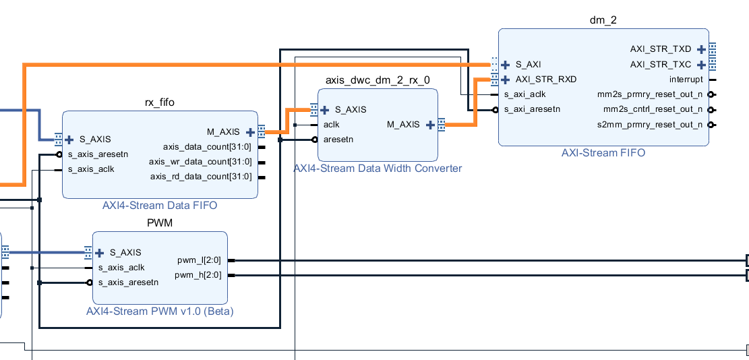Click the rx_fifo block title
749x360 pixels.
pos(160,102)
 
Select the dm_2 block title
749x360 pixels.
pos(603,20)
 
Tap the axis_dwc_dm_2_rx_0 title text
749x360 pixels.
pos(378,80)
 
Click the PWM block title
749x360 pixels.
pos(160,223)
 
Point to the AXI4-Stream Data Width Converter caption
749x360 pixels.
pos(378,168)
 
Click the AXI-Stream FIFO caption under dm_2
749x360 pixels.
pos(603,153)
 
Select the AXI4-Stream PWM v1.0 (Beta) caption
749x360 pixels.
pos(160,311)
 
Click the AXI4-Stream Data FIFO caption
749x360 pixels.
pos(160,205)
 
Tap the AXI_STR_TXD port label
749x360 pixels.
pos(661,49)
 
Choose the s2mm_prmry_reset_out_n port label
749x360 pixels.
pos(649,125)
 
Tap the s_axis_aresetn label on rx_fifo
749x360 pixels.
pos(97,154)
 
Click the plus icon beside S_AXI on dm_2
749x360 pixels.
pos(505,65)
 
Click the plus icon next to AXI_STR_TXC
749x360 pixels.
pos(702,65)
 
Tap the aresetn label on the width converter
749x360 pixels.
pos(338,140)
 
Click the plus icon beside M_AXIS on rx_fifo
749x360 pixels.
pos(250,131)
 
